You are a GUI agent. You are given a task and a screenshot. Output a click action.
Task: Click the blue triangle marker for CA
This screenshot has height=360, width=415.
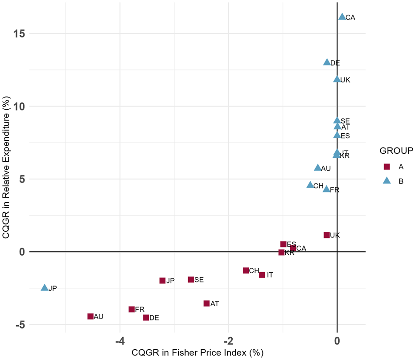tap(342, 17)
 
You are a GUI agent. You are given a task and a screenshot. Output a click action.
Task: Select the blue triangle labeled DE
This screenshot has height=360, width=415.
tap(327, 62)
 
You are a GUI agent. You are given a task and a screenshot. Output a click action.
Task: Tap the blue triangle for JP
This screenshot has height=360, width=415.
tap(45, 288)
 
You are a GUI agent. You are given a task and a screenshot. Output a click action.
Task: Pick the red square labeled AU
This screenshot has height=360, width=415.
tap(90, 316)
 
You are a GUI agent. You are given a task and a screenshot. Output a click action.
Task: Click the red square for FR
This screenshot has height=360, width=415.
tap(131, 309)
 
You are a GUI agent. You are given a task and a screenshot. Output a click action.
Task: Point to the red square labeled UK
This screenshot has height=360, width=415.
tap(327, 235)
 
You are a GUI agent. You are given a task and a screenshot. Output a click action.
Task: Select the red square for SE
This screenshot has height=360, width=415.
tap(191, 279)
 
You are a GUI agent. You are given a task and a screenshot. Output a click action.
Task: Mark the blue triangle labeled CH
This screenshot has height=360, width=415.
tap(310, 185)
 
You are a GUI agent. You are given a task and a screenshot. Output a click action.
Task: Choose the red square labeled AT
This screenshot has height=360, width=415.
tap(206, 303)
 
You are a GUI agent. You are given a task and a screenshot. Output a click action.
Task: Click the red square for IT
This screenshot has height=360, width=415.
tap(262, 275)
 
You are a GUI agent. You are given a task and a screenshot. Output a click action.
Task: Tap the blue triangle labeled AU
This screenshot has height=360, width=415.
tap(317, 168)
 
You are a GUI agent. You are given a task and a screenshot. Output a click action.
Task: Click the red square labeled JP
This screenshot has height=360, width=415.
tap(162, 281)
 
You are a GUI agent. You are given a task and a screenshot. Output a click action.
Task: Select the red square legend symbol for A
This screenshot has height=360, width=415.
tap(387, 167)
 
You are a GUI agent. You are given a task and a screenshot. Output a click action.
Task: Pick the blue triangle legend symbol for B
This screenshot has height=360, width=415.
tap(387, 180)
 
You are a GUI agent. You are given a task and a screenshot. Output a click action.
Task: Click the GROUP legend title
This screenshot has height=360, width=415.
tap(396, 151)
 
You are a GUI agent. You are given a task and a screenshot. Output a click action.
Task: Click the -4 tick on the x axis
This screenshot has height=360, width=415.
tap(119, 340)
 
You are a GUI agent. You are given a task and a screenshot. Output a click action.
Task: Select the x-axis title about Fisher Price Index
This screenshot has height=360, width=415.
tap(198, 352)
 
